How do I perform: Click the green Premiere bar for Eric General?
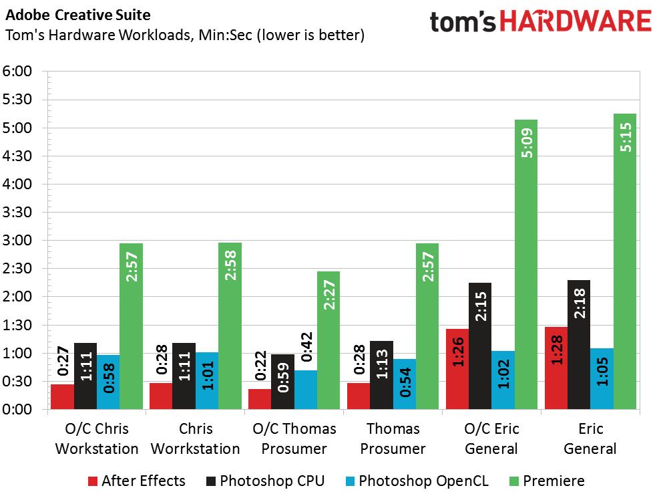pyautogui.click(x=625, y=261)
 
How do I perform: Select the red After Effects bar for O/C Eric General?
pyautogui.click(x=457, y=369)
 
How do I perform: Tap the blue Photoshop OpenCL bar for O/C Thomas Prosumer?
pyautogui.click(x=306, y=390)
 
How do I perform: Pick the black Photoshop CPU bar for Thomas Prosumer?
pyautogui.click(x=381, y=375)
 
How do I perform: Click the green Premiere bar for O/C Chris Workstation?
pyautogui.click(x=131, y=326)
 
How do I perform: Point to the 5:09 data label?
pyautogui.click(x=527, y=143)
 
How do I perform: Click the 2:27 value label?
pyautogui.click(x=328, y=295)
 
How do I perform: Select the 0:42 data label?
pyautogui.click(x=307, y=347)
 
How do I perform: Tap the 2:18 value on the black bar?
pyautogui.click(x=580, y=303)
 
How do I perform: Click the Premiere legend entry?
pyautogui.click(x=547, y=481)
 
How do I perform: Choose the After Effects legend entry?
pyautogui.click(x=137, y=481)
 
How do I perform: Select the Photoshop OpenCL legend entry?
pyautogui.click(x=417, y=481)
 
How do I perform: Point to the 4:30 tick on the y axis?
pyautogui.click(x=17, y=156)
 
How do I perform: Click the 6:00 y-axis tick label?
pyautogui.click(x=17, y=72)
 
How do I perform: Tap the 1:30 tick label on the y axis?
pyautogui.click(x=17, y=325)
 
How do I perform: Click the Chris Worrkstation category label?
pyautogui.click(x=196, y=439)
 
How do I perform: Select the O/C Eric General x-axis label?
pyautogui.click(x=491, y=439)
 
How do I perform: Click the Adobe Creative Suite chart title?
pyautogui.click(x=78, y=15)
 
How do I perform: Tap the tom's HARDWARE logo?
pyautogui.click(x=541, y=21)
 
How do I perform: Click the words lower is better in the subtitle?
pyautogui.click(x=311, y=35)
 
